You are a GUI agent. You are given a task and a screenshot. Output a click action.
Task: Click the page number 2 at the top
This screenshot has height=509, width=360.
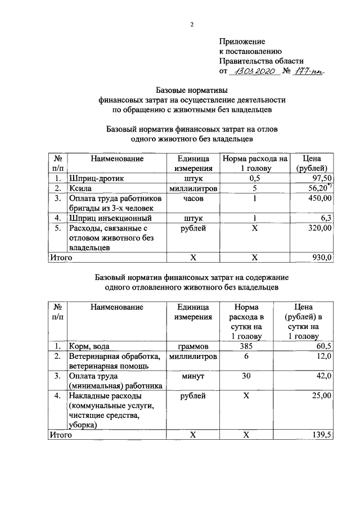coord(192,24)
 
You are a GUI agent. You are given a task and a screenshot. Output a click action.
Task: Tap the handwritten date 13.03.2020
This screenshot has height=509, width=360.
coord(254,72)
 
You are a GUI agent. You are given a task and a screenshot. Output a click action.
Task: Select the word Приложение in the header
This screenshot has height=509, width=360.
coord(241,42)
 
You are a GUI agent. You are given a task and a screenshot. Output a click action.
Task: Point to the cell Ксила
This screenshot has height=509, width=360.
coord(80,188)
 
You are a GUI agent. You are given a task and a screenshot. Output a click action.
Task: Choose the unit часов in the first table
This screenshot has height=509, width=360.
coord(193,199)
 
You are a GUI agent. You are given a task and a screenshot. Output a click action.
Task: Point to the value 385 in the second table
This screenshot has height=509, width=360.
coord(246,347)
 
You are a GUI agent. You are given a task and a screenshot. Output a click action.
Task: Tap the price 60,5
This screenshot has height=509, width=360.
coord(324,347)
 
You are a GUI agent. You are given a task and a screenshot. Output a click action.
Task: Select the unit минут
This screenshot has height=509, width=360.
coord(193,376)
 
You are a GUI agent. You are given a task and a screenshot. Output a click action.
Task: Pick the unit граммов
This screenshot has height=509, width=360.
coord(193,347)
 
